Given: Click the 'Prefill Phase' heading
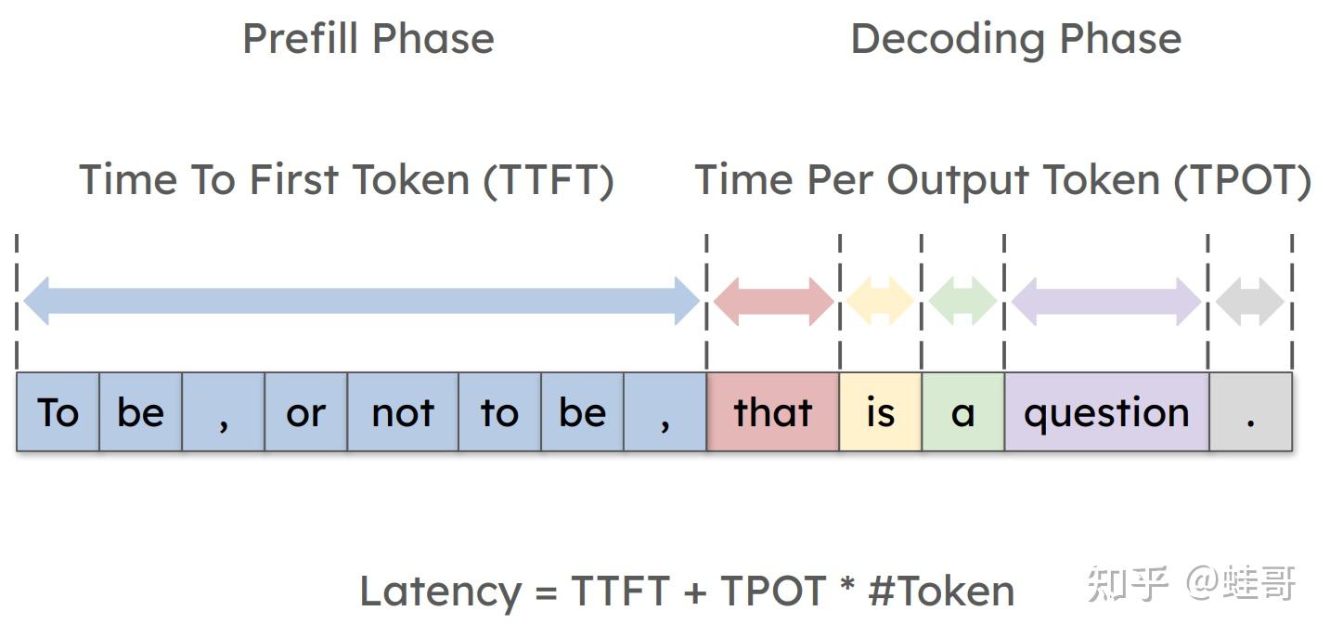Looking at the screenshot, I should coord(368,39).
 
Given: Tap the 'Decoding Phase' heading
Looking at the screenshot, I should coord(1015,39).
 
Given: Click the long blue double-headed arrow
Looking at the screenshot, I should coord(361,301).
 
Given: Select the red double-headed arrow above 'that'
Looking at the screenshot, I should coord(773,301).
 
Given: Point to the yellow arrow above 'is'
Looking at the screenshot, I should coord(880,301).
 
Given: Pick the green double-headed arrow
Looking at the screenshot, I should coord(962,301).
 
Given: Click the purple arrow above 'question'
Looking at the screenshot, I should coord(1106,301).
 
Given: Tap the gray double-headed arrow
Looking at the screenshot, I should coord(1249,301).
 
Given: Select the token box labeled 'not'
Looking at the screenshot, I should coord(403,412).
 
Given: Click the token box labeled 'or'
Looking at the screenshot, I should coord(306,412).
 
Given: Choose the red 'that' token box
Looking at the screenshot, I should coord(773,412).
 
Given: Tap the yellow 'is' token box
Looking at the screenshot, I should coord(880,412).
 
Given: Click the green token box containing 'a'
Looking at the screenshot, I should coord(962,412).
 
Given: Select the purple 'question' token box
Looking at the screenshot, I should coord(1106,412).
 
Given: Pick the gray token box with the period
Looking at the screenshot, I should coord(1250,412).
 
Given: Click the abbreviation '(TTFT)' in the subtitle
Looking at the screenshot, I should coord(548,180).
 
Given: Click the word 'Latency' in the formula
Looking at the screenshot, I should coord(440,591).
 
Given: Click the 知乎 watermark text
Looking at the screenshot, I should coord(1127,583).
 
